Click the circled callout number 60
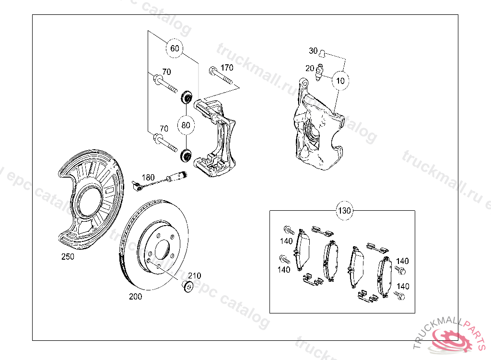point(175,48)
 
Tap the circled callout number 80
point(186,125)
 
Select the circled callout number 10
point(340,81)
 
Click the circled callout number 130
point(344,210)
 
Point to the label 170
point(227,68)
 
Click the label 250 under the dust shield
point(68,256)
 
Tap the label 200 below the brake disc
point(135,296)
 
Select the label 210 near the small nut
point(195,276)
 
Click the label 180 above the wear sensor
point(148,178)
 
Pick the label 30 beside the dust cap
point(313,51)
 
